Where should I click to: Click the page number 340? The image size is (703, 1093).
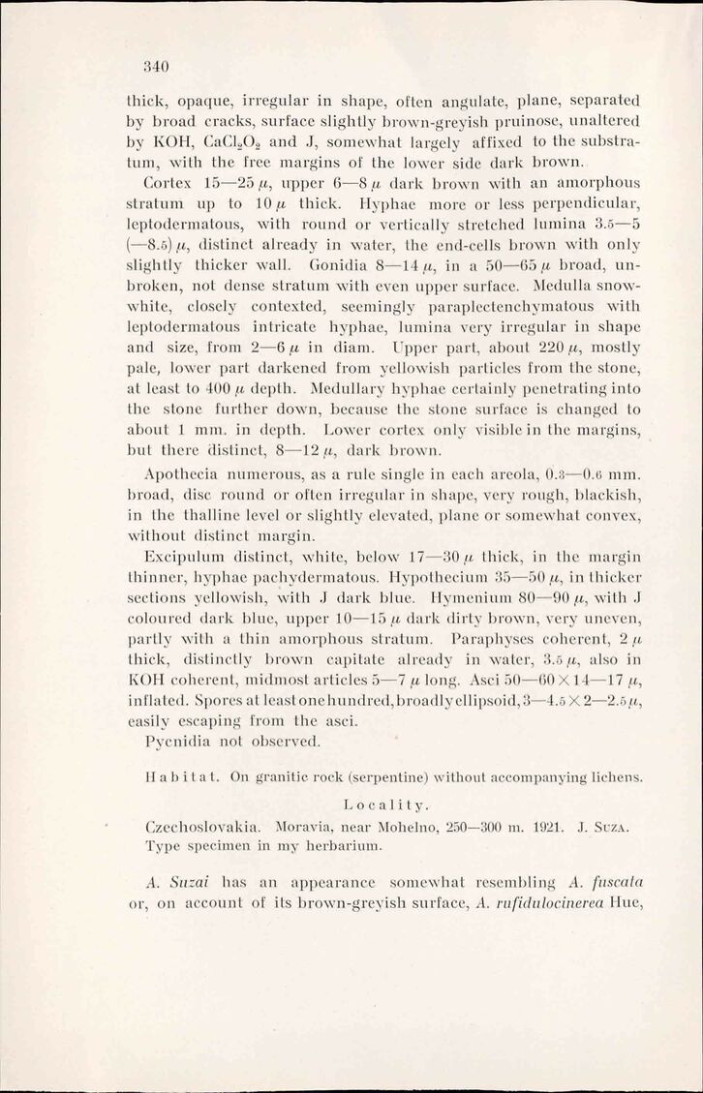(156, 67)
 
